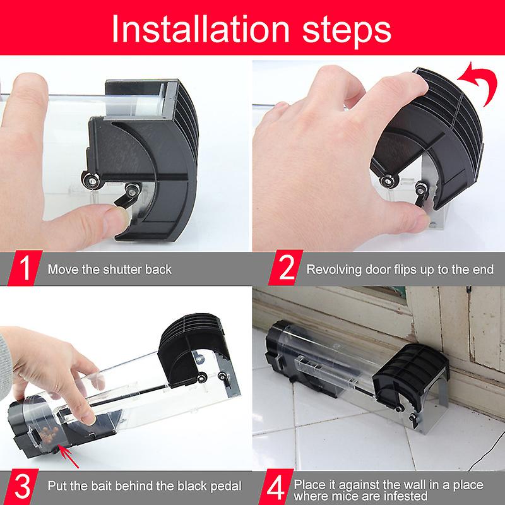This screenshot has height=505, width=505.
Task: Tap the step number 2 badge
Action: pos(284,270)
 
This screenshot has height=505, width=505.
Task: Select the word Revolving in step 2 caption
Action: pos(332,270)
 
